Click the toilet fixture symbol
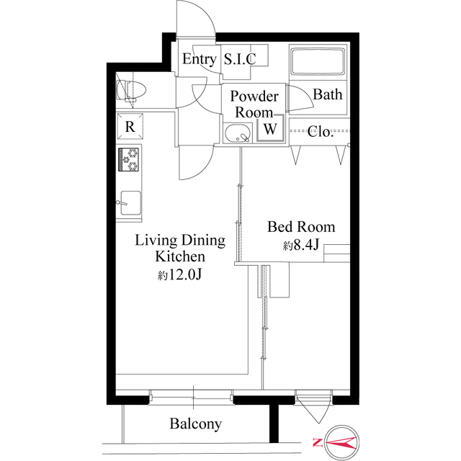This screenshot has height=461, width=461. click(131, 89)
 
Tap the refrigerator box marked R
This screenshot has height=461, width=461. click(130, 127)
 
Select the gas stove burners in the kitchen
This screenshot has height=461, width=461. click(128, 159)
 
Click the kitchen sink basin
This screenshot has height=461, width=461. click(130, 203)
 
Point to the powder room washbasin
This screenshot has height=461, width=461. click(238, 133)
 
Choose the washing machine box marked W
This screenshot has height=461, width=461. click(271, 128)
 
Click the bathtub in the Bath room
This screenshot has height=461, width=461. click(318, 62)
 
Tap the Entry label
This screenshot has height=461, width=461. click(199, 59)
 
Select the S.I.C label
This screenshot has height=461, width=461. click(240, 59)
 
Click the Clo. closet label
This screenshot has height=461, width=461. click(321, 132)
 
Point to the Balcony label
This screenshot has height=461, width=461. click(196, 424)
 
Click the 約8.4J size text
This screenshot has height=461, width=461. click(301, 245)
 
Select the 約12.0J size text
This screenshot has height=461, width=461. click(179, 274)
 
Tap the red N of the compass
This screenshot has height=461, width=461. click(317, 442)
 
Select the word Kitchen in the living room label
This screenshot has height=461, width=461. click(180, 256)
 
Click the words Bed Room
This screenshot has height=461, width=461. click(301, 227)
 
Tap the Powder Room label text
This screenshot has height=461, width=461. click(254, 104)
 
